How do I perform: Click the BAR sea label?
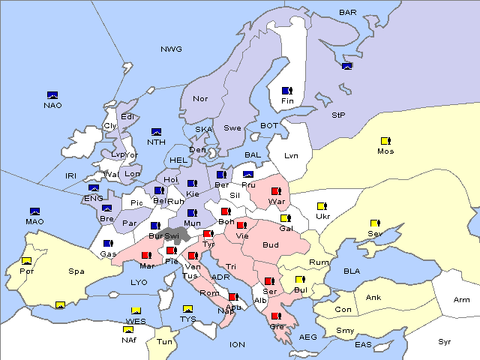tap(348, 12)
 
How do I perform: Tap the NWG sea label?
tap(171, 49)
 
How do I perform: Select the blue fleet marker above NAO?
tap(52, 95)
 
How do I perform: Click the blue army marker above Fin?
tap(286, 91)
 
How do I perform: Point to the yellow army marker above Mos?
tap(385, 140)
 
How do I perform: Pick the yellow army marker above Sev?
tap(374, 223)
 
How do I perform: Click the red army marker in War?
tap(276, 191)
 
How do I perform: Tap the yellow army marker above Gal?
tap(285, 218)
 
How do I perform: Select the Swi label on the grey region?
tap(172, 235)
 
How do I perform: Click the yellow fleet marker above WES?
tap(136, 310)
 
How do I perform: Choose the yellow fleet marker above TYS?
tap(187, 308)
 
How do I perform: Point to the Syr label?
tap(445, 341)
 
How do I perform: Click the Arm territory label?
tap(462, 300)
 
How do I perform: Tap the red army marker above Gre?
tap(276, 316)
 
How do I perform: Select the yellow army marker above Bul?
tap(300, 280)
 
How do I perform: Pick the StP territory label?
tap(338, 115)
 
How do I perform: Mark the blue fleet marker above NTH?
tap(157, 132)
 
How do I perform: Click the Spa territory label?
tap(76, 271)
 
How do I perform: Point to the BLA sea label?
tap(352, 270)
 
